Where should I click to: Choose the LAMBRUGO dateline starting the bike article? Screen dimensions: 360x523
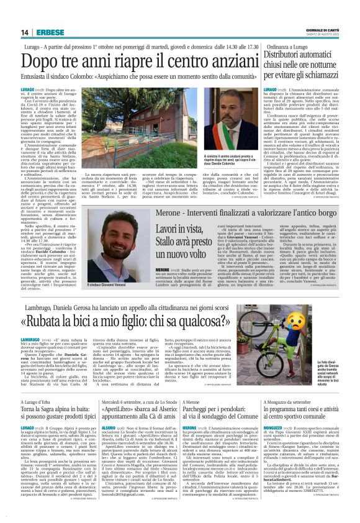[31, 340]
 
